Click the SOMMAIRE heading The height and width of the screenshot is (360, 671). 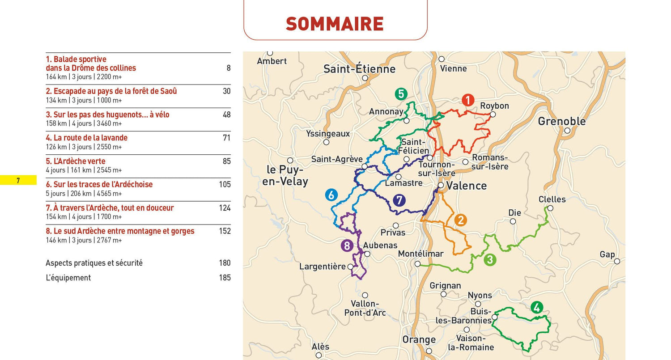tap(335, 24)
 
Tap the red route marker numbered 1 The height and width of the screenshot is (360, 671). tap(467, 100)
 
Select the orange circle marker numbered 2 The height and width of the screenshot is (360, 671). tap(460, 220)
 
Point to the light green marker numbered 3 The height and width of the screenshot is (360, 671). tap(490, 260)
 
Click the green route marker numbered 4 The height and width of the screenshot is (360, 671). tap(536, 308)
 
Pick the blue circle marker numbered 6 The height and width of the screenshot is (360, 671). tap(331, 195)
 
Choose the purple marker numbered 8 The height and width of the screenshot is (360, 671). tap(347, 245)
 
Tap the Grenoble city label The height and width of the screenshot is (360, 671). tap(561, 121)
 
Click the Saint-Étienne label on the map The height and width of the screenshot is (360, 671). tap(359, 69)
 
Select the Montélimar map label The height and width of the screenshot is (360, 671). tap(420, 254)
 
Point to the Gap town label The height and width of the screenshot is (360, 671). tap(607, 254)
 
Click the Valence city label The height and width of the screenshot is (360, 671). tap(466, 186)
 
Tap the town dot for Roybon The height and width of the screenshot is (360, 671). tap(493, 114)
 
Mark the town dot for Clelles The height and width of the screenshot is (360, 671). tap(550, 208)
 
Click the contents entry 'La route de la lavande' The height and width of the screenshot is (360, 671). tap(87, 138)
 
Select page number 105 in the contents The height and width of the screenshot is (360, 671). tap(225, 184)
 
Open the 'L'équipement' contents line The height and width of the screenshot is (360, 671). tap(68, 278)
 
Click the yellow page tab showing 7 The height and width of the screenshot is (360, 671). tap(18, 181)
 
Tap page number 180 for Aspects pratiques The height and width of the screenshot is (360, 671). tap(225, 263)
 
